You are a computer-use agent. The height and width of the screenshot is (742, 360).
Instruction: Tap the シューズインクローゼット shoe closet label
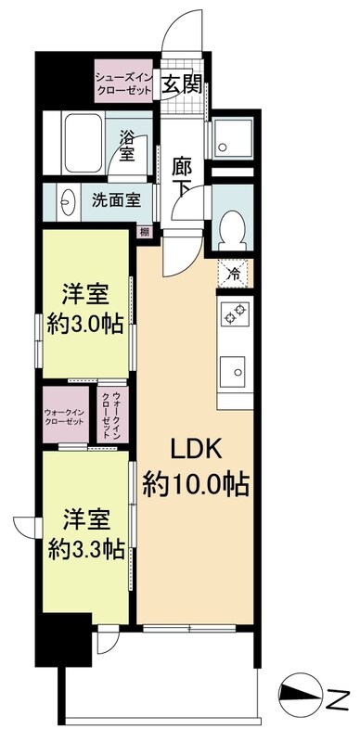[124, 80]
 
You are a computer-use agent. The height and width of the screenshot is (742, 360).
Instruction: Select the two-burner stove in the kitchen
[234, 316]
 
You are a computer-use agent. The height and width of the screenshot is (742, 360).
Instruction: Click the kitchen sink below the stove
[234, 371]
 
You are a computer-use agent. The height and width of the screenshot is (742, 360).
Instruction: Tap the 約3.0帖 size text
[87, 325]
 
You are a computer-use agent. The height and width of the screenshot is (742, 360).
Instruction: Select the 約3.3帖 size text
[87, 547]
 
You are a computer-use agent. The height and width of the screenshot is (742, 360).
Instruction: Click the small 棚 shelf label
[144, 233]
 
